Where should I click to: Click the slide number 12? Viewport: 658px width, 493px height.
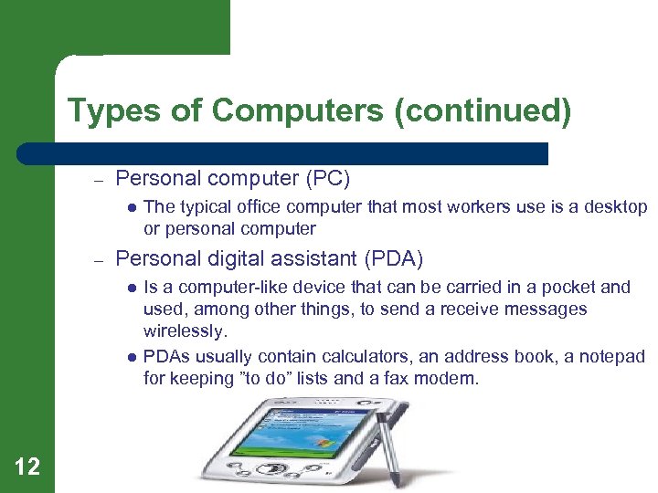tap(27, 467)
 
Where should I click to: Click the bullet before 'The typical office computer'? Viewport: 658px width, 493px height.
tap(132, 208)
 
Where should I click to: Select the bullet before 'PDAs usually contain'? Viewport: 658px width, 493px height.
tap(132, 357)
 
